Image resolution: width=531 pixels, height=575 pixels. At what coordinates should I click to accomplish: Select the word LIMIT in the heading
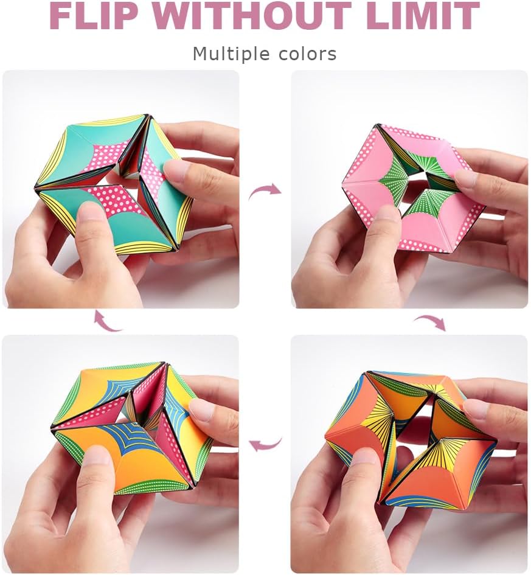click(x=423, y=16)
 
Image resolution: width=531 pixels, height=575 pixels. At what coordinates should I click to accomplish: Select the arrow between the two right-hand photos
click(x=429, y=321)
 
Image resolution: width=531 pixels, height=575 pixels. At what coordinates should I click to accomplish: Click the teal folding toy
click(x=116, y=183)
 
